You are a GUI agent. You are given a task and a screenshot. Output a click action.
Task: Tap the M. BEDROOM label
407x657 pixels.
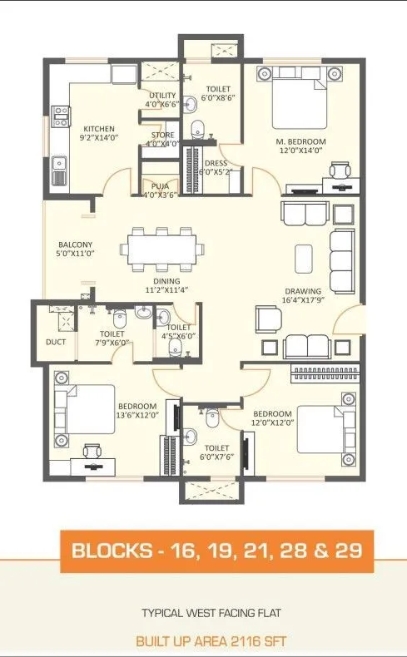(x=301, y=142)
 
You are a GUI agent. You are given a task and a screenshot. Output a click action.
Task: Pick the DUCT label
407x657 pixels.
(x=56, y=340)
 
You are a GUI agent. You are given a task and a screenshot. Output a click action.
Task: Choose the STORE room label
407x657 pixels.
(x=162, y=135)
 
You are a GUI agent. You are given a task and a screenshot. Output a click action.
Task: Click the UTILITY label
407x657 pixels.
(x=162, y=96)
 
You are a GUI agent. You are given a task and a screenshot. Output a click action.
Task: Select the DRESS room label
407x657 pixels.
(x=216, y=163)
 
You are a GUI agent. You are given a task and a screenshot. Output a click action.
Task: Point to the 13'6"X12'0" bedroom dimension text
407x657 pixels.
(x=137, y=415)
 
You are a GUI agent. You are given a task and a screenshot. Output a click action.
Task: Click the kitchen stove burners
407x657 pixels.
(x=61, y=116)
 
